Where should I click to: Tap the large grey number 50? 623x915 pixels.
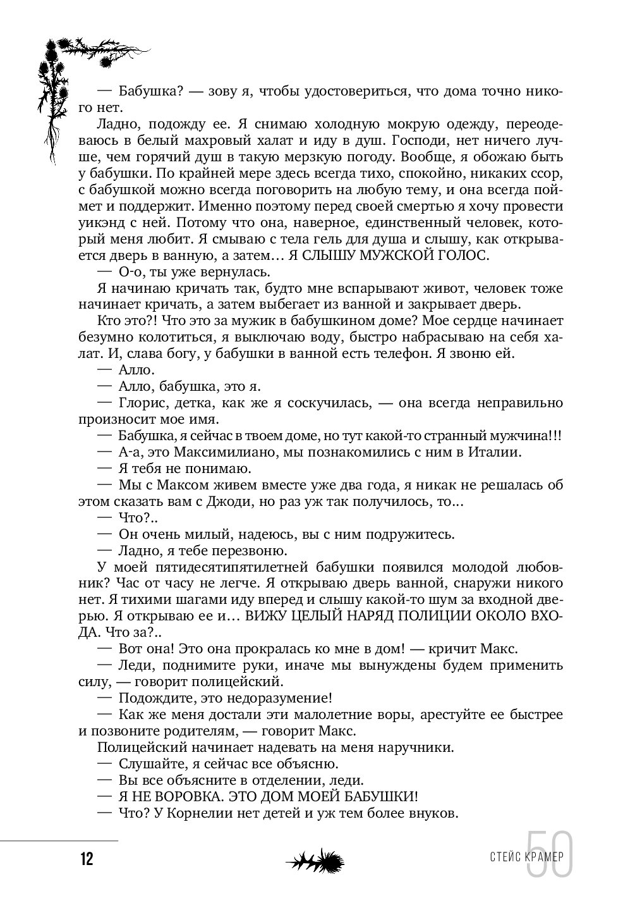point(550,854)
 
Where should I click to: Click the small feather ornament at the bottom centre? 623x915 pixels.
point(313,861)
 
